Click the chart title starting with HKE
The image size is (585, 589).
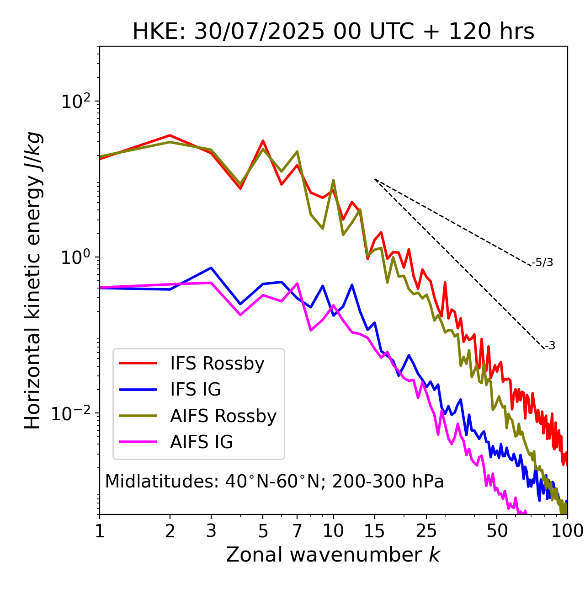[333, 32]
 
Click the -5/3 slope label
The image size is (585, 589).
[542, 263]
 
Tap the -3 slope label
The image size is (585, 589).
[550, 346]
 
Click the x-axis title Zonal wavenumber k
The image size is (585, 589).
[333, 555]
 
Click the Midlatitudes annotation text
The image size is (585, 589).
[274, 482]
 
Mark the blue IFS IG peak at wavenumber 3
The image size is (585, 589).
[211, 268]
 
